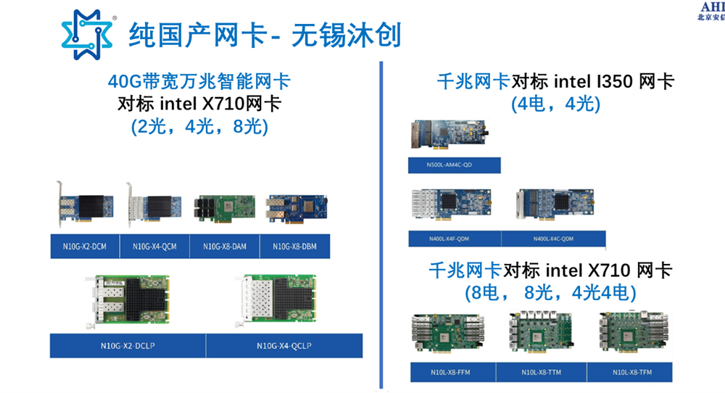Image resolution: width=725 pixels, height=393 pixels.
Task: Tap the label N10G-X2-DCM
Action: (x=85, y=247)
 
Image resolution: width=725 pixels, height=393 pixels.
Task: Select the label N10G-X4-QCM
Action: (x=154, y=247)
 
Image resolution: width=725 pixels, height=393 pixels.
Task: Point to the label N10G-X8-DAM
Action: (x=224, y=247)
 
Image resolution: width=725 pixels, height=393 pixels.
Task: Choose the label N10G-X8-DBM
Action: (x=294, y=247)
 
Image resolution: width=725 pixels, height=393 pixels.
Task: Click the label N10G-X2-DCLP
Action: (x=128, y=345)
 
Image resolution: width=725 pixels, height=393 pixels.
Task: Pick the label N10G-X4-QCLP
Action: (x=284, y=345)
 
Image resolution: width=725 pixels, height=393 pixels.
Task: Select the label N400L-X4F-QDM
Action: (x=455, y=239)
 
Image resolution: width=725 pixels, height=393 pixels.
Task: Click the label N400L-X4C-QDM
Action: (x=553, y=239)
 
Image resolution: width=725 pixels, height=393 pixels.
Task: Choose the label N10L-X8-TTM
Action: (x=541, y=373)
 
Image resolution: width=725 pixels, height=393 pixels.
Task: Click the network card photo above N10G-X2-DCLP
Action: (x=128, y=299)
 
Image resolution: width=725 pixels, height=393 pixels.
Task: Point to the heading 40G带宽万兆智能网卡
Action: (x=199, y=81)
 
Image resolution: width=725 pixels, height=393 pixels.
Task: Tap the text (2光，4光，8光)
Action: (x=199, y=127)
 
